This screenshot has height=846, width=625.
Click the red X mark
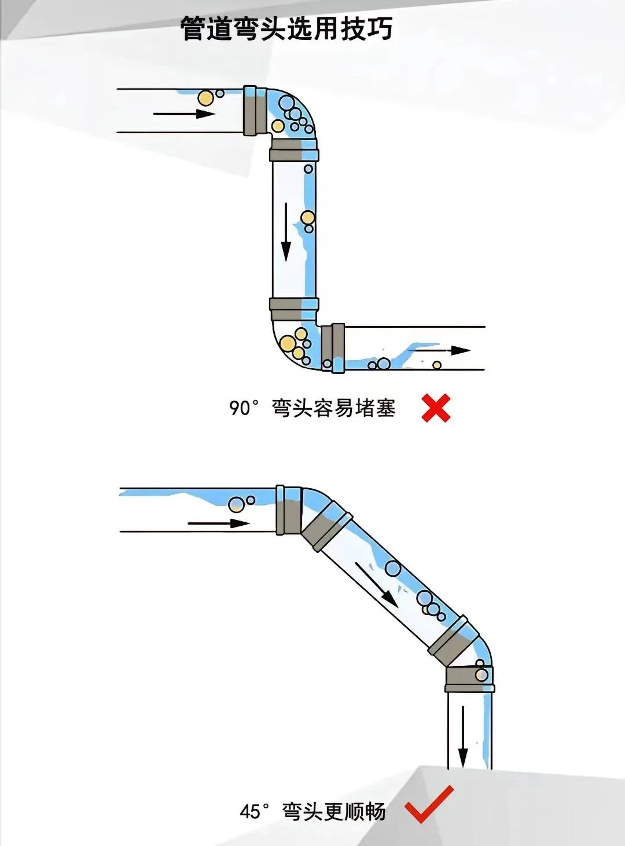[x=436, y=408]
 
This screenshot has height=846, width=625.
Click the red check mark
[x=429, y=804]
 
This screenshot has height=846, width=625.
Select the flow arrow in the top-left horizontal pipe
[x=184, y=113]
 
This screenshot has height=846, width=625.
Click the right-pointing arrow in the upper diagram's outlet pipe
[x=443, y=350]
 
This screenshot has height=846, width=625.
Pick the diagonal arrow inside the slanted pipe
[x=376, y=584]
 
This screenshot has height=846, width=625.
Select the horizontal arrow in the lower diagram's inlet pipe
[x=218, y=523]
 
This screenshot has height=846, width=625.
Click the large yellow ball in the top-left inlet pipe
[x=205, y=98]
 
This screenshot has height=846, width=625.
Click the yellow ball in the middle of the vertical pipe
[x=307, y=218]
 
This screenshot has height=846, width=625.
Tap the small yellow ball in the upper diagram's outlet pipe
[x=437, y=365]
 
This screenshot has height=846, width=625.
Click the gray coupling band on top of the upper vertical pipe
[x=294, y=150]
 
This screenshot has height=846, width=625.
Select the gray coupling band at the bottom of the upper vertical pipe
[x=294, y=309]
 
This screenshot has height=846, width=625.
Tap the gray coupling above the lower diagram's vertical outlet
[x=469, y=679]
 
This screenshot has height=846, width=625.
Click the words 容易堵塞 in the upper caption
[x=355, y=408]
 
